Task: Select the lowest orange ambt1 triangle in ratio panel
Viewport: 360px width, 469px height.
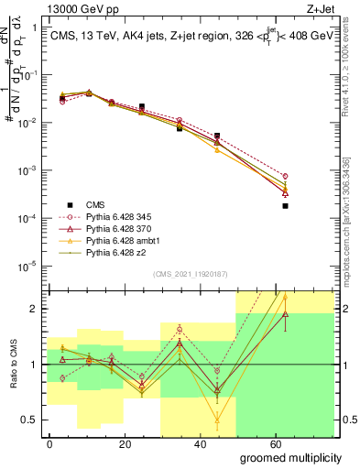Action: tap(217, 421)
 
